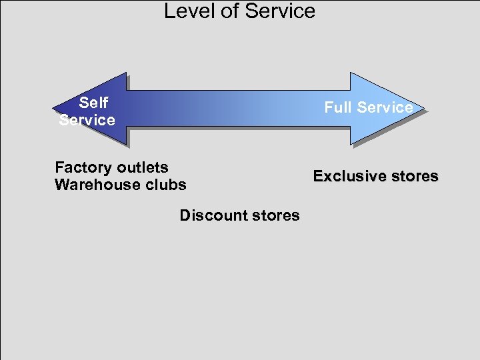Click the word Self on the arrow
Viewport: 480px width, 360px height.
(93, 103)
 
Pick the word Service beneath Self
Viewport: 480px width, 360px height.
(87, 120)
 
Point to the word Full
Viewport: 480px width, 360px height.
(338, 107)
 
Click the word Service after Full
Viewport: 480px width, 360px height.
(385, 107)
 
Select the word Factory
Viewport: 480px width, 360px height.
(83, 167)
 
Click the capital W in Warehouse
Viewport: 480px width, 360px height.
(61, 185)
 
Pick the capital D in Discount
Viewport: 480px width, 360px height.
(185, 215)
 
